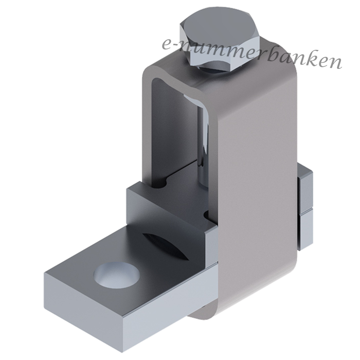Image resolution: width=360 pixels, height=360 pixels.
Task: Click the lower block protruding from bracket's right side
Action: pos(306,229)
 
